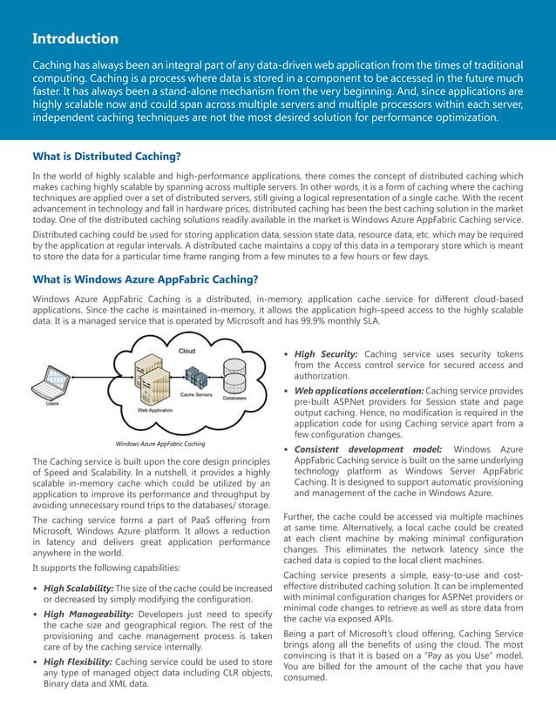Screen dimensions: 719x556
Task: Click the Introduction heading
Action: [75, 38]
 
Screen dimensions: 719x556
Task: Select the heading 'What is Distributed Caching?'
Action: [106, 157]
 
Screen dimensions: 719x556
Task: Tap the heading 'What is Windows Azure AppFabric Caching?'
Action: [145, 279]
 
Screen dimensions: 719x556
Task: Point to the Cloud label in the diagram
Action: [186, 351]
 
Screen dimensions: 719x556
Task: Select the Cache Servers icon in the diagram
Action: [197, 380]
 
